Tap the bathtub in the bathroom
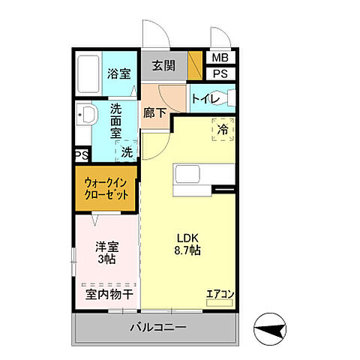89,76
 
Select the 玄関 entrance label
163,66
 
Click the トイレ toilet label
205,98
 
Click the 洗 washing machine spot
127,151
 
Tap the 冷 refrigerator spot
223,130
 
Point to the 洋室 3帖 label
106,252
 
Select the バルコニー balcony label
157,328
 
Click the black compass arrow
272,327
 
